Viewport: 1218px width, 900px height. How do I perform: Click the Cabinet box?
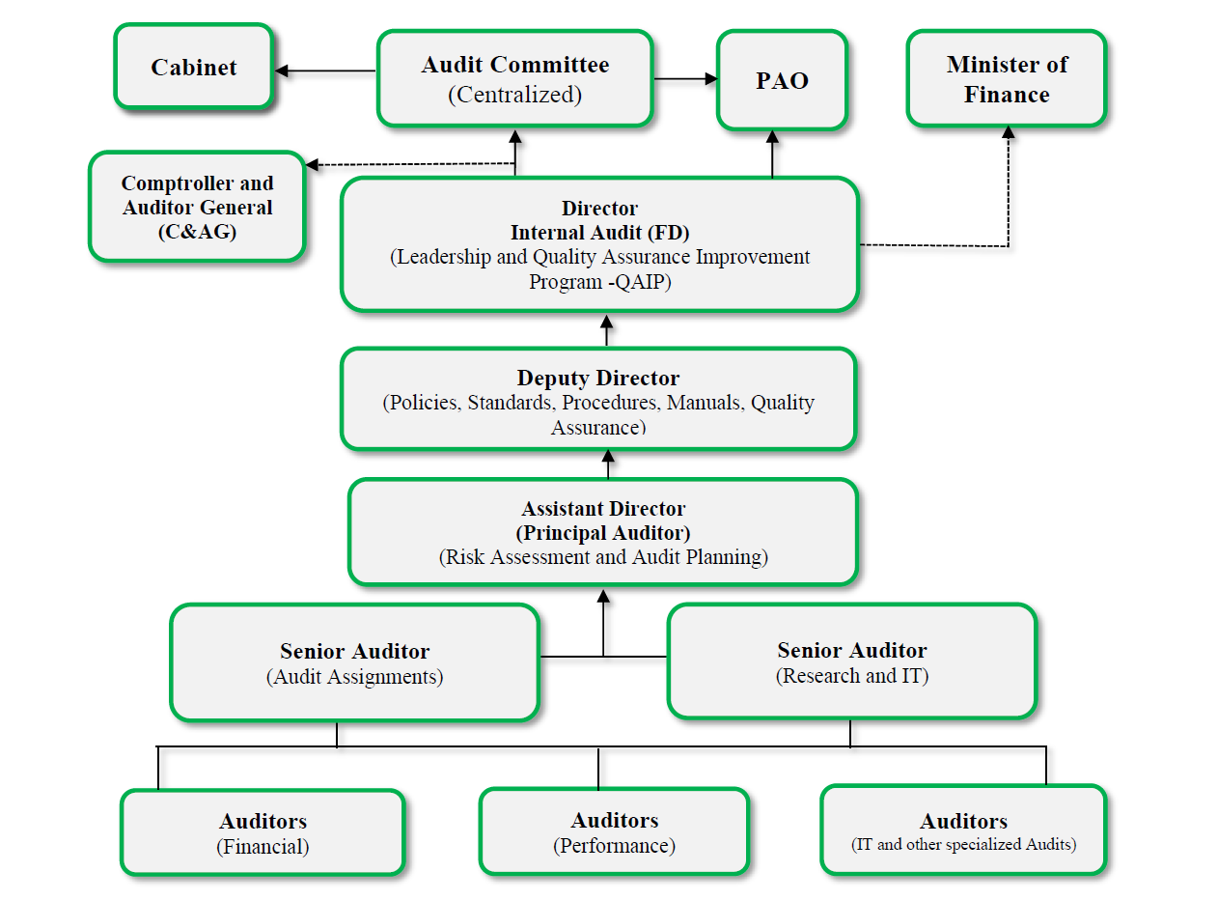pos(193,68)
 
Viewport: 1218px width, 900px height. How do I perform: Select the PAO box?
pos(782,80)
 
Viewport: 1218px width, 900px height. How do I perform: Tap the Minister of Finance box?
pos(1007,79)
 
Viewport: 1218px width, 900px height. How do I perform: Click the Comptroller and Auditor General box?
pos(197,207)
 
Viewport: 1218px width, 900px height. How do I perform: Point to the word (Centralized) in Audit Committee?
pos(515,95)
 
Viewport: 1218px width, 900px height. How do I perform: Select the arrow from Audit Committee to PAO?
pos(686,79)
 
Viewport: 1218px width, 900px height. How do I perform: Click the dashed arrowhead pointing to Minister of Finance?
pos(1009,132)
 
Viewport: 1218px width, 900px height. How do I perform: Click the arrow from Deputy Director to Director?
pos(607,329)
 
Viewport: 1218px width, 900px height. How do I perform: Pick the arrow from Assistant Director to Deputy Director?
pos(608,464)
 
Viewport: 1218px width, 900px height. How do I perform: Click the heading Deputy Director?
pos(598,378)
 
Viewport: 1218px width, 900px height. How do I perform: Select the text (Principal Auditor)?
pos(603,533)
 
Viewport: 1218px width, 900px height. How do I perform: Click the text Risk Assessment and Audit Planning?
pos(603,557)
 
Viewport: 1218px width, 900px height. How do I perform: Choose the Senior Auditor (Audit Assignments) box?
pos(354,662)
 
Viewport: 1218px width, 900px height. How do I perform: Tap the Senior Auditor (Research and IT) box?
pos(851,661)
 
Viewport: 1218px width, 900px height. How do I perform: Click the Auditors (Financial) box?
pos(263,832)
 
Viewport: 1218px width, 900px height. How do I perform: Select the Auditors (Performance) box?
pos(614,831)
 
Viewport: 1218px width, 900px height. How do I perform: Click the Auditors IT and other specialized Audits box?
pos(963,830)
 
